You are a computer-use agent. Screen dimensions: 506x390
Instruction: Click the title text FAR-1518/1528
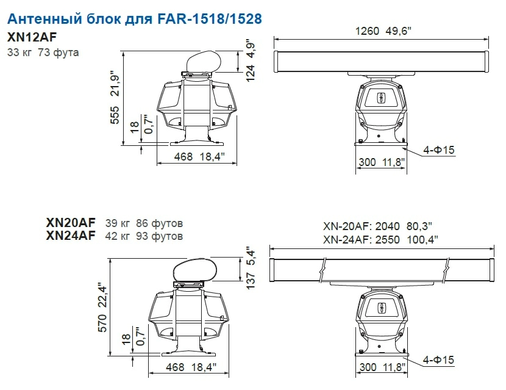coord(210,19)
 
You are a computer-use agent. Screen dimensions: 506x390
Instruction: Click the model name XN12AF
coord(32,37)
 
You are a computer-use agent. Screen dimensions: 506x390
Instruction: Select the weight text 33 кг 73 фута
coord(43,52)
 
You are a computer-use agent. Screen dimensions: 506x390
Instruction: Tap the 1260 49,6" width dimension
coord(383,31)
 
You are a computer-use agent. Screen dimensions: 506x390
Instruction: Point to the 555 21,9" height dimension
coord(115,97)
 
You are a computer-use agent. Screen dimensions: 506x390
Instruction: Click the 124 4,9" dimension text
coord(251,62)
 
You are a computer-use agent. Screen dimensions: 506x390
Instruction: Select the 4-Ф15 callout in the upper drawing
coord(438,150)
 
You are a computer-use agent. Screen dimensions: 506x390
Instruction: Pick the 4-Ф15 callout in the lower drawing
coord(438,360)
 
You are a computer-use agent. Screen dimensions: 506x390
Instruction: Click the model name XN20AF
coord(71,223)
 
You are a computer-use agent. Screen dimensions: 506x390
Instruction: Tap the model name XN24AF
coord(71,236)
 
